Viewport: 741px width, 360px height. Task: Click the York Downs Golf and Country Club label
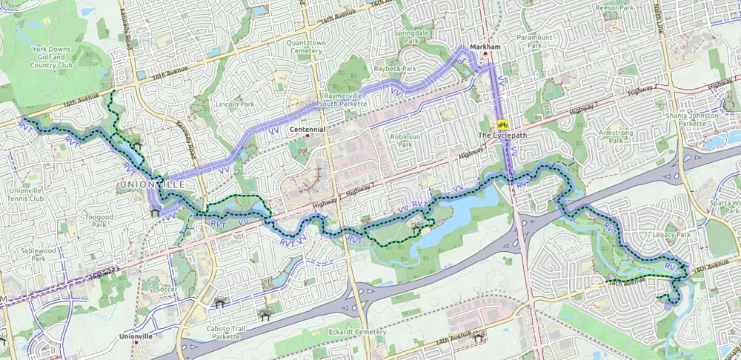[x=50, y=56]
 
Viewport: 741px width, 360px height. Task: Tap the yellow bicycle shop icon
[x=502, y=124]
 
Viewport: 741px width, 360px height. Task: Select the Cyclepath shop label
[x=503, y=136]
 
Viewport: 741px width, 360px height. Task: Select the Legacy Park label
[x=672, y=235]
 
